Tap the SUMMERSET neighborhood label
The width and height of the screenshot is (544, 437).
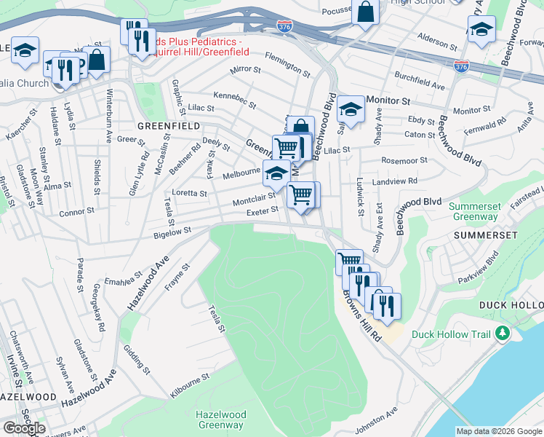(485, 235)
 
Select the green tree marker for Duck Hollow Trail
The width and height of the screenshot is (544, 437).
(501, 334)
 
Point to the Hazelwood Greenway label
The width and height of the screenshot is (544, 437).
(220, 420)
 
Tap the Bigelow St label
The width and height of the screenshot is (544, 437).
(172, 232)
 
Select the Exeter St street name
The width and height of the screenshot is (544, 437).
(263, 210)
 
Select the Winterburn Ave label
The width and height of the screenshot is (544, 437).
(109, 106)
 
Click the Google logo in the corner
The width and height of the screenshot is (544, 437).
(24, 428)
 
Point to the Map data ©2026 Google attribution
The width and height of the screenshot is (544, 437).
(499, 431)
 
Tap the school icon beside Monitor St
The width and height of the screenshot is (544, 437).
(351, 109)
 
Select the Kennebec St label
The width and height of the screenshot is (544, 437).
(234, 100)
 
